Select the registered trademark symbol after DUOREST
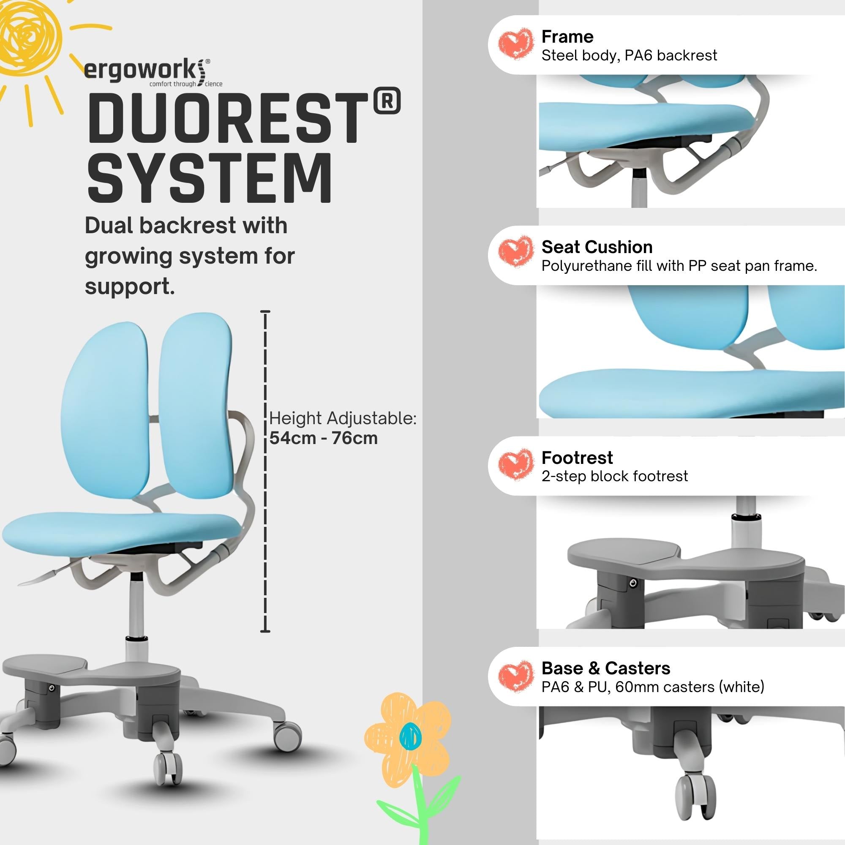tap(387, 101)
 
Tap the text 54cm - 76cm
tap(323, 438)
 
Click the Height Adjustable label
tap(343, 418)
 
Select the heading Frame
tap(567, 37)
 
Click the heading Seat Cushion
tap(597, 247)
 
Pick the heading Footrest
tap(576, 458)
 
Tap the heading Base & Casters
tap(605, 668)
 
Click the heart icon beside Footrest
tap(515, 465)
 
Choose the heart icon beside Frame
tap(515, 44)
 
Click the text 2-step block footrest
tap(614, 476)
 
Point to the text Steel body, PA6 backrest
tap(629, 55)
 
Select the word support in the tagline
tap(129, 287)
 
